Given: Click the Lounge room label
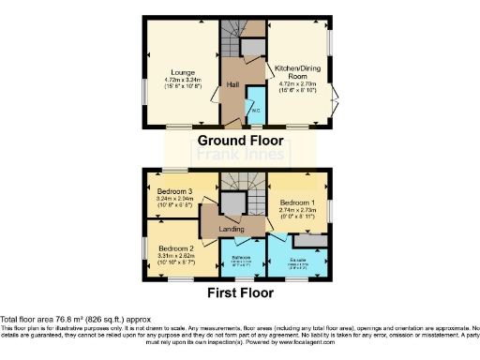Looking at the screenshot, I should coord(182,71).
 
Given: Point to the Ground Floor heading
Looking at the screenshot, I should coord(238,141).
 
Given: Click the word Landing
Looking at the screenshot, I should coord(232,229).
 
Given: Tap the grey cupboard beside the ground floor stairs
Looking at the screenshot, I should coord(252,48).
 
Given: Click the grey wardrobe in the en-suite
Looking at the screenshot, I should coord(316,240).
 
